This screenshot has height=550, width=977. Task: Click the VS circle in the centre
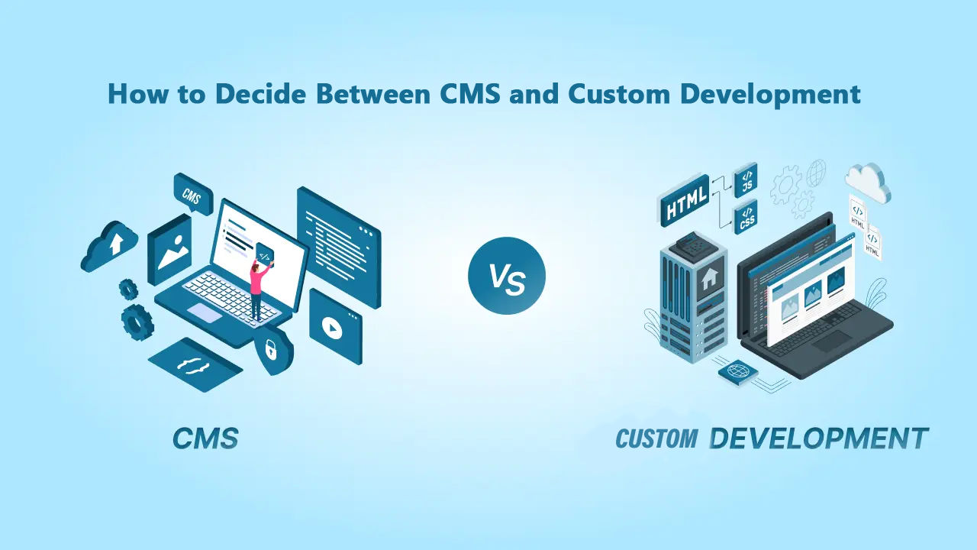coord(507,276)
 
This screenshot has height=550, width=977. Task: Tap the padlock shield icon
coord(271,350)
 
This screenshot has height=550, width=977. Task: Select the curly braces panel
coord(195,364)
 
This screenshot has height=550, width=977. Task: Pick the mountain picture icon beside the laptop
coord(170,246)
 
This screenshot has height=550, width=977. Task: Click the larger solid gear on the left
coord(137,322)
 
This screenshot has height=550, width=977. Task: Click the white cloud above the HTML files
coord(868,181)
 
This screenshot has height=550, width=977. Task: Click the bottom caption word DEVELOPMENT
coord(818,438)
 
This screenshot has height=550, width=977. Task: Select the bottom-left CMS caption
coord(205,438)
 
